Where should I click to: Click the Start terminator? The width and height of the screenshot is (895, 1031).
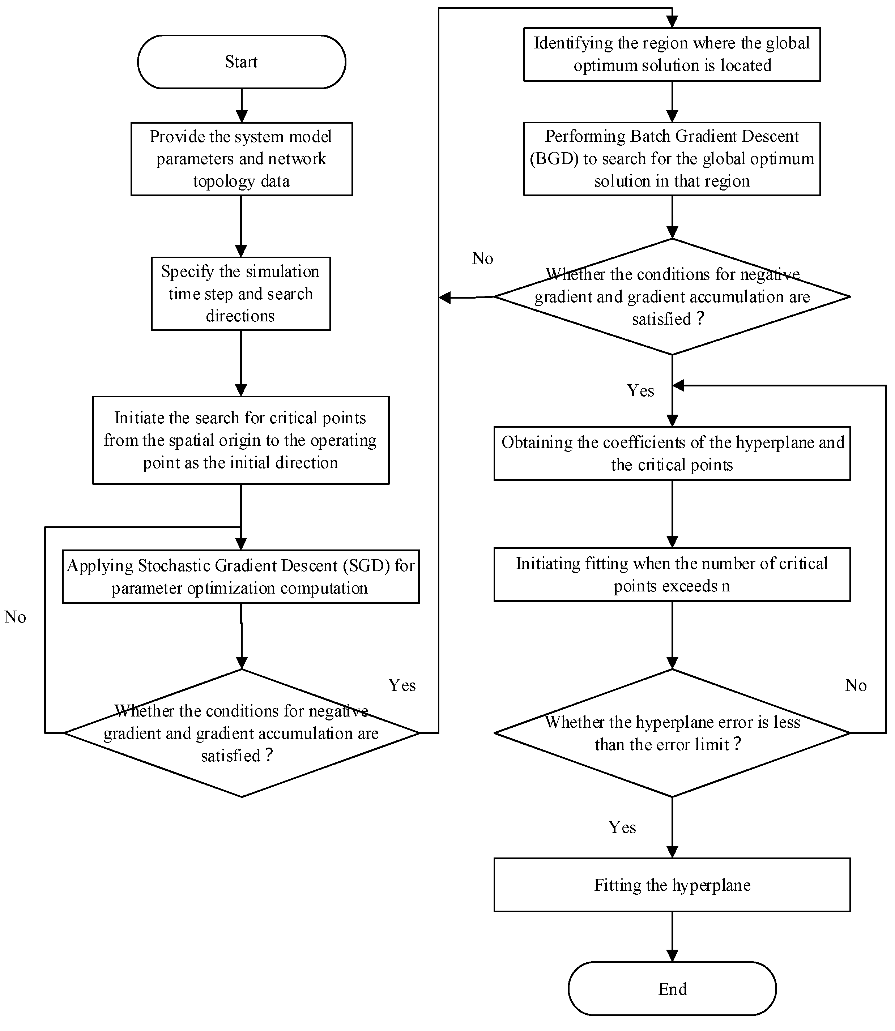[x=241, y=62]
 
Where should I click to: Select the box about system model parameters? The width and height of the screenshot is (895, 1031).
[x=241, y=159]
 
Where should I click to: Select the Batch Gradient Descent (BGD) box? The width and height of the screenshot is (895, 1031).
[x=672, y=159]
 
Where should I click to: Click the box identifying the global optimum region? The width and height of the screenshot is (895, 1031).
[x=672, y=55]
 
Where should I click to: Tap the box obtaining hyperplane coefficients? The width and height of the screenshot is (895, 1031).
[x=672, y=453]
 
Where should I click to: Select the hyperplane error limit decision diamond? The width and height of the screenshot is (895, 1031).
[x=672, y=733]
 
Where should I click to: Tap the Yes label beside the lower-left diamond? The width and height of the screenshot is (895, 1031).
[x=402, y=685]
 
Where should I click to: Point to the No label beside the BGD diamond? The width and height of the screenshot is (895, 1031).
[x=482, y=258]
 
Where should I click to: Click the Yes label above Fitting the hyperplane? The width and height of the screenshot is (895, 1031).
[x=622, y=827]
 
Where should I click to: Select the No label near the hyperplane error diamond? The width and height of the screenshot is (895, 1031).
[x=856, y=685]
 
